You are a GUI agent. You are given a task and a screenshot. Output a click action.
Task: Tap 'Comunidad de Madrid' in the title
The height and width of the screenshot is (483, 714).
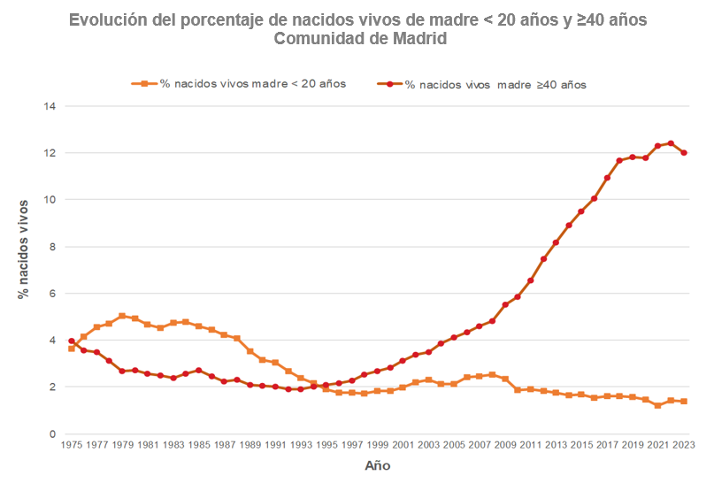tap(360, 39)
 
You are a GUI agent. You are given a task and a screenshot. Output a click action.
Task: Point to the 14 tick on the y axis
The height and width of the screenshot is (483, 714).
tap(50, 106)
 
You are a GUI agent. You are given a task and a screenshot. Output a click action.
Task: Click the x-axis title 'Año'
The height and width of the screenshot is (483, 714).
tap(377, 465)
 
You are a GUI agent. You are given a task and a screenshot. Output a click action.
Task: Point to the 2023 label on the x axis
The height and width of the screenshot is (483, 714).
tap(684, 446)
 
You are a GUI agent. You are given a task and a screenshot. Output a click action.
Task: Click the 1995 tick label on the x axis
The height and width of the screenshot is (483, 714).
tap(326, 446)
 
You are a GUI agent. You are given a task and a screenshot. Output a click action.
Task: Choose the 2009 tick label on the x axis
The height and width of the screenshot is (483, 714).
tap(505, 446)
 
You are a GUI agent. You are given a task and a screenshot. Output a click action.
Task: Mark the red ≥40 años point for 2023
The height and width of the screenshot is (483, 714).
tap(684, 152)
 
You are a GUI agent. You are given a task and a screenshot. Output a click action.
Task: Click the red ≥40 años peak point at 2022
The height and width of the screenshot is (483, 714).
tap(671, 143)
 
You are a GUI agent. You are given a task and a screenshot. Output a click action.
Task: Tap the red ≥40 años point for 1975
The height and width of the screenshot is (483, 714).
tap(71, 341)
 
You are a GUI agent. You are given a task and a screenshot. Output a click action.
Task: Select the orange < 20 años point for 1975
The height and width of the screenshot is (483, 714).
tap(71, 349)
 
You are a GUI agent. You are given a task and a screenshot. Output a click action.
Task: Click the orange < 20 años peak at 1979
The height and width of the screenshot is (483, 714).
tap(122, 316)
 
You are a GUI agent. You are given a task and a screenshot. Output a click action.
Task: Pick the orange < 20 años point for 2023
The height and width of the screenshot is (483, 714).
tap(684, 402)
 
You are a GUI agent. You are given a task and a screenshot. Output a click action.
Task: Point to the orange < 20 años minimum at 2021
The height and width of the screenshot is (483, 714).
tap(658, 405)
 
